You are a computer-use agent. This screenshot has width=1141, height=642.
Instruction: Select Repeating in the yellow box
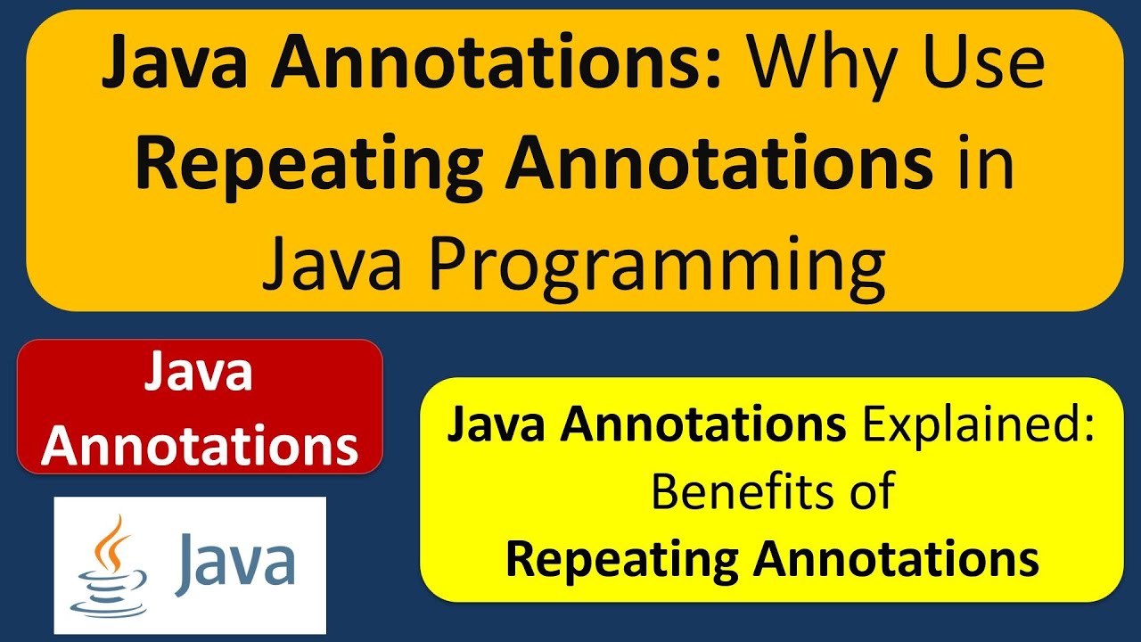[621, 559]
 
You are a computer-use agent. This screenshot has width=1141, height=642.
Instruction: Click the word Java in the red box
[200, 373]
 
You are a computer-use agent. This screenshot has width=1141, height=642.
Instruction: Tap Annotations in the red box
[200, 446]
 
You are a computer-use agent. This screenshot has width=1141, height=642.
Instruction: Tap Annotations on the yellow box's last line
[898, 559]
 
